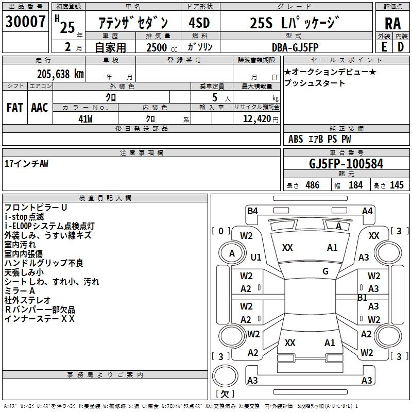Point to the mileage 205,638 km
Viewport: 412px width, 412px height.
60,74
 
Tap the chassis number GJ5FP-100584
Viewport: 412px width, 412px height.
346,164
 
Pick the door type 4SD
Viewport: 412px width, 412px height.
199,23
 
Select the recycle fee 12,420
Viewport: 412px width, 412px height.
256,119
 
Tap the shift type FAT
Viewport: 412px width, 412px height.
14,108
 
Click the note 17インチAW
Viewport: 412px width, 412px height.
26,163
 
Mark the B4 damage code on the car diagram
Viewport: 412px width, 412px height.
252,211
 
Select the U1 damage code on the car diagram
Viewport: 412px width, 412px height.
256,257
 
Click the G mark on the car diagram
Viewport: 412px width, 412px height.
325,271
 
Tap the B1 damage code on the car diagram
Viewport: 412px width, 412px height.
363,298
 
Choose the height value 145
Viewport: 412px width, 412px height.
397,185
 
